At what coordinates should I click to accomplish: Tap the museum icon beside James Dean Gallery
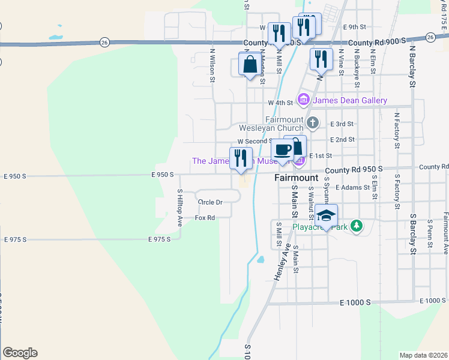303,100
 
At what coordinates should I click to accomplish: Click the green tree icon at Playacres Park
357,226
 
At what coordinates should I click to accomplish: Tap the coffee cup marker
282,150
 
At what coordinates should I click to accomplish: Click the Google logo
20,353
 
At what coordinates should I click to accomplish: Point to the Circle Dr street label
210,202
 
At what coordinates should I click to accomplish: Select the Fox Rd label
205,218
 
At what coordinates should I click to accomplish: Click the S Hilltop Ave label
179,208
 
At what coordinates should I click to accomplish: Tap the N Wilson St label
212,65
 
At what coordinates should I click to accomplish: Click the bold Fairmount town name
296,178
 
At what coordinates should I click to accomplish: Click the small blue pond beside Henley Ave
261,260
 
